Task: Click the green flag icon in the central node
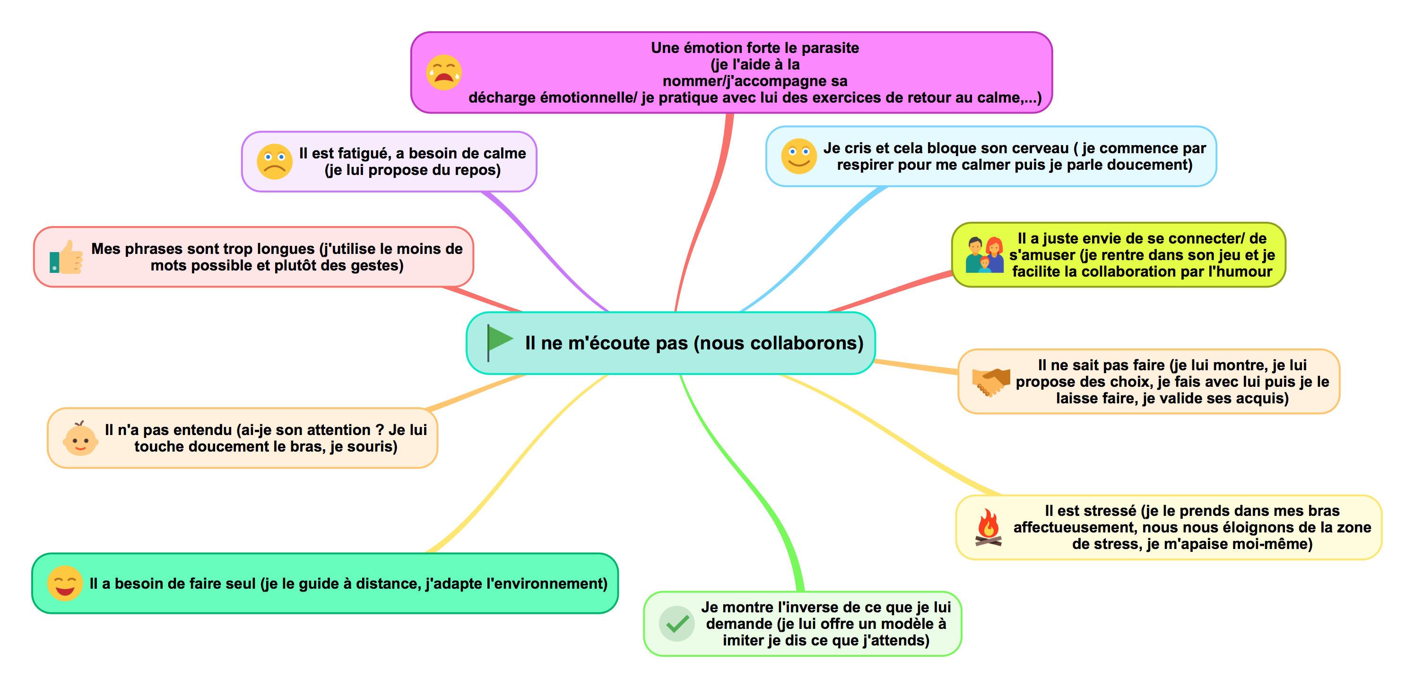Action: (x=498, y=341)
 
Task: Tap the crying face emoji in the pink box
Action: (x=443, y=72)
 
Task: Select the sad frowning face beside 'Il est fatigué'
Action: (x=275, y=161)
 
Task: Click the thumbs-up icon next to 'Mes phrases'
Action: (x=66, y=257)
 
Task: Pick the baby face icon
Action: (x=80, y=439)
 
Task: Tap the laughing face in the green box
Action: (x=65, y=583)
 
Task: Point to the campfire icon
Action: (x=988, y=528)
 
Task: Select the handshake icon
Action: (x=991, y=381)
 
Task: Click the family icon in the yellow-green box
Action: (x=985, y=255)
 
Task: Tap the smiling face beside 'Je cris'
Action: (x=798, y=157)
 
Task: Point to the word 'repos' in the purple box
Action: (x=475, y=170)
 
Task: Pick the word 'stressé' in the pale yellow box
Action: (x=1110, y=511)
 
